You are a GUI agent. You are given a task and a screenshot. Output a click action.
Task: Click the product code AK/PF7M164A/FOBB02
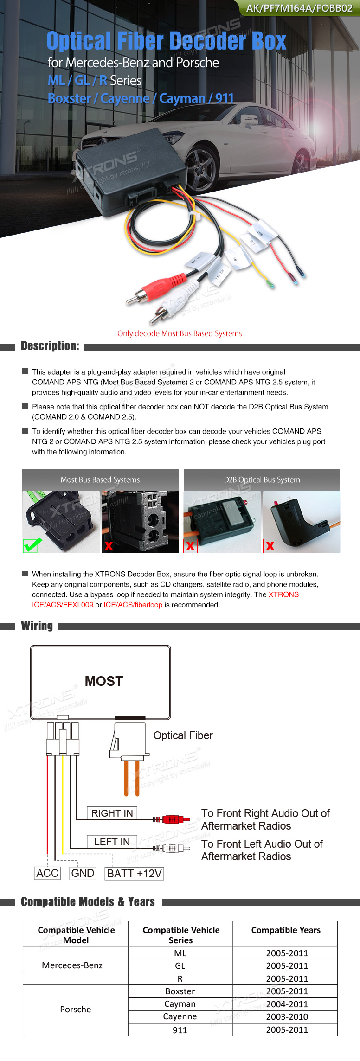[299, 8]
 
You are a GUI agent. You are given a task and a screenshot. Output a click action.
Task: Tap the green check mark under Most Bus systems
[32, 545]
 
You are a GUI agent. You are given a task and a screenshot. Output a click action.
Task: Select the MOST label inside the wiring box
[104, 681]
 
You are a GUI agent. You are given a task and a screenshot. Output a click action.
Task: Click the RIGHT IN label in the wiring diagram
[112, 813]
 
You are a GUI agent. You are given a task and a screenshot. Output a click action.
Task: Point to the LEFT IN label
[112, 842]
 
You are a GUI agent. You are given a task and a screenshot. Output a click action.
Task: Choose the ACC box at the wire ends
[47, 873]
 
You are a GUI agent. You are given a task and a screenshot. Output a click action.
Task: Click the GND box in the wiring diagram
[83, 873]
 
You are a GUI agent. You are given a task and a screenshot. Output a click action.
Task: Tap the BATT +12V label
[135, 874]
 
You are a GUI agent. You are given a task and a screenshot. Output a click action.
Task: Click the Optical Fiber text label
[183, 735]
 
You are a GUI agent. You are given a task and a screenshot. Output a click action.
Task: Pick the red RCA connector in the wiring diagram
[172, 819]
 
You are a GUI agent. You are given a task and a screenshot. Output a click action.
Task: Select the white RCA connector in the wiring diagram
[172, 848]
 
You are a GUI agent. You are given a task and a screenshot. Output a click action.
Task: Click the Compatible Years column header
[286, 930]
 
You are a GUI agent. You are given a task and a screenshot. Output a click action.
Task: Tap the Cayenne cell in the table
[180, 1016]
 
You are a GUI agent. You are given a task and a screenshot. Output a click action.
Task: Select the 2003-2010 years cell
[287, 1016]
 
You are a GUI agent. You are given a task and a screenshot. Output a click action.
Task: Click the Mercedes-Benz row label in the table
[72, 965]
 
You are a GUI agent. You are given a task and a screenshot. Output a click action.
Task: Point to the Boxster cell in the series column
[180, 991]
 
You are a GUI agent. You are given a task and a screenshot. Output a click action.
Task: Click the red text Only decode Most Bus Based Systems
[180, 333]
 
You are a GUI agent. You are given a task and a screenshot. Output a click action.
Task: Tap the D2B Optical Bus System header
[262, 479]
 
